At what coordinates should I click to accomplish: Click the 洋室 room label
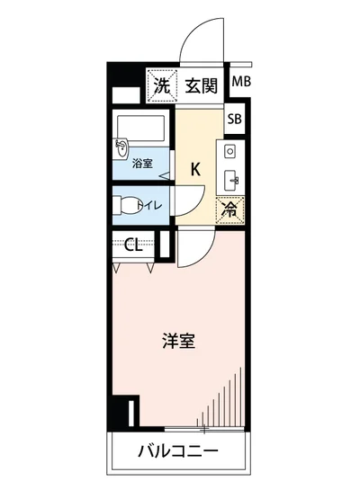180,342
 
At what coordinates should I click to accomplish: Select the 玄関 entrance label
202,86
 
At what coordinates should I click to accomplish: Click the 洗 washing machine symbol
161,86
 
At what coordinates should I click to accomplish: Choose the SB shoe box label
234,119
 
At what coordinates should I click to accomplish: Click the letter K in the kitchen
194,166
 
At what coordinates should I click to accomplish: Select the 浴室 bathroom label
143,165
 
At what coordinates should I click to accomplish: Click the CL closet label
132,244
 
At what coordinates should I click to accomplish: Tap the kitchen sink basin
230,176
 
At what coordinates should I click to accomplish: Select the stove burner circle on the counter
229,149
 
